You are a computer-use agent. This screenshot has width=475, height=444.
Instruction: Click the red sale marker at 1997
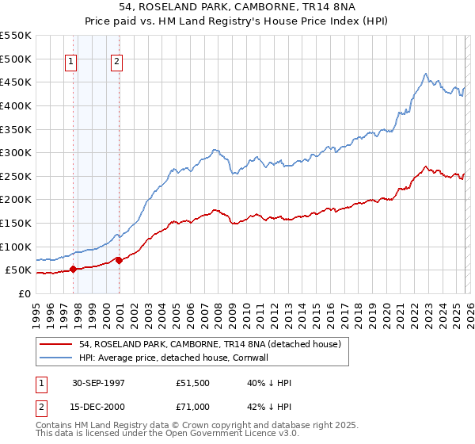click(74, 269)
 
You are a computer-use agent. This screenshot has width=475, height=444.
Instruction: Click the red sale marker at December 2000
click(119, 259)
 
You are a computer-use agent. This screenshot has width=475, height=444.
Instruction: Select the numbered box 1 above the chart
click(71, 63)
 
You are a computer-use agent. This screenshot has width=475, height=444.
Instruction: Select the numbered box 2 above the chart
click(116, 63)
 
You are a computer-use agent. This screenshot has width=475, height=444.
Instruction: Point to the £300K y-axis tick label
click(16, 152)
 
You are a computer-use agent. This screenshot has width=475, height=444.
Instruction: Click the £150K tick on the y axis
click(16, 223)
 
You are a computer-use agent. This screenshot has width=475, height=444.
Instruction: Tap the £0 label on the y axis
click(24, 293)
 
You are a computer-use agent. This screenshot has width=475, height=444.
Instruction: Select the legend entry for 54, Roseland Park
click(210, 344)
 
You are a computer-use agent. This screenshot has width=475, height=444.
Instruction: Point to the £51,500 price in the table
click(192, 382)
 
